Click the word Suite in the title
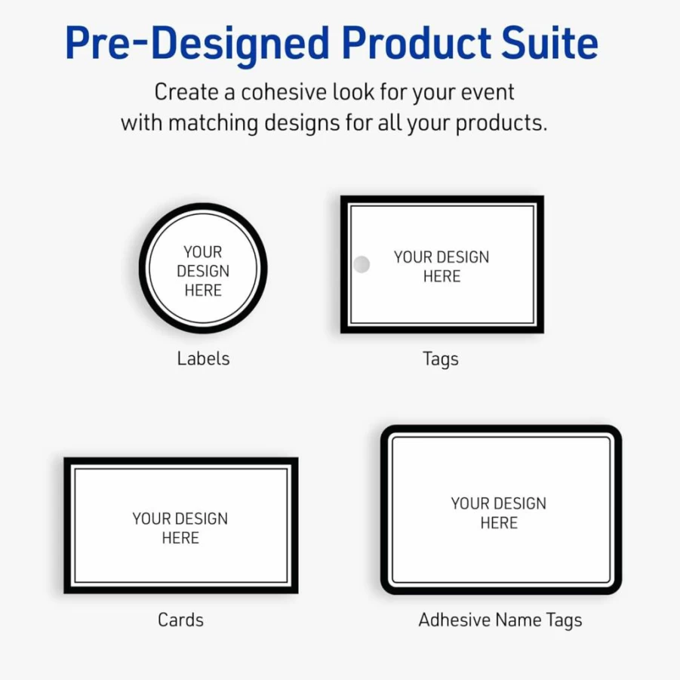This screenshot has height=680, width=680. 549,42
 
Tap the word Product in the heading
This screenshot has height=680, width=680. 417,42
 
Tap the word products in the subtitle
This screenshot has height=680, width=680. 501,123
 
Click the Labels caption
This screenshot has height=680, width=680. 203,358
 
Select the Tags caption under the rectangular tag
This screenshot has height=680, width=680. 441,359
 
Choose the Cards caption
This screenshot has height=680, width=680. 181,620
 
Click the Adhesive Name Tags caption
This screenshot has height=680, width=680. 500,620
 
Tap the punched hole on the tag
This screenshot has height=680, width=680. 362,264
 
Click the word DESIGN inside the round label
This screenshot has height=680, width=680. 203,271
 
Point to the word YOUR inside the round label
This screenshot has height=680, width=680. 202,252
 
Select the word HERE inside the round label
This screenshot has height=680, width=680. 203,290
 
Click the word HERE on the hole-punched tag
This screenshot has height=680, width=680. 442,276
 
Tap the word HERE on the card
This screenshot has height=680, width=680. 180,538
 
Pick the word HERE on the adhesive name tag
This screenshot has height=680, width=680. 499,522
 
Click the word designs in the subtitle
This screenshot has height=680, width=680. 302,123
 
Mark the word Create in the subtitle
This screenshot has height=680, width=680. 186,92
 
